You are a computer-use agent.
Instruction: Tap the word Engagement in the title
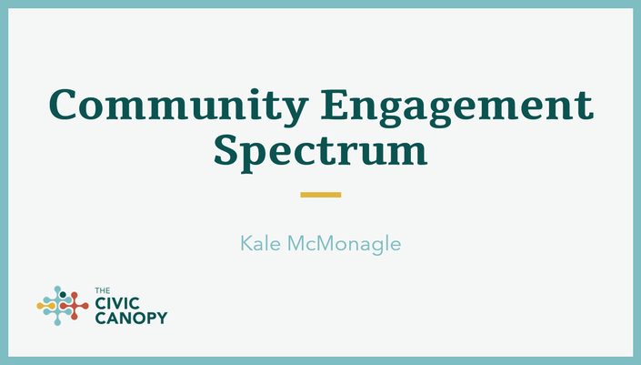[457, 106]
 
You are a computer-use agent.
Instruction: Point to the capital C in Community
[64, 105]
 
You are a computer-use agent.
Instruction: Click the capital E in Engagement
[335, 105]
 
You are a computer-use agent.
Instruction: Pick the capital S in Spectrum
[225, 150]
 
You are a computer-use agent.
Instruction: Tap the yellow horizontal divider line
[320, 195]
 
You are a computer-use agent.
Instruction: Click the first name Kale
[260, 243]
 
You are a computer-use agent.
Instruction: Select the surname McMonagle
[345, 244]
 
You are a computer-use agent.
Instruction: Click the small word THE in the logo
[103, 290]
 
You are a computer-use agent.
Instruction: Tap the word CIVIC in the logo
[117, 304]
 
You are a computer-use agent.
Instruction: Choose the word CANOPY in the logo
[131, 318]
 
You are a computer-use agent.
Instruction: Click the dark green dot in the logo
[63, 295]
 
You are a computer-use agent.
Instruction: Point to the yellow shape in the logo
[45, 306]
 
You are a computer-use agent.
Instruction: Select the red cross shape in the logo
[75, 306]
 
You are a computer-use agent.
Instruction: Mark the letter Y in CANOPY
[162, 318]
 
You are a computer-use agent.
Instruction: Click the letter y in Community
[294, 110]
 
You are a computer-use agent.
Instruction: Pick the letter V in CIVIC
[117, 304]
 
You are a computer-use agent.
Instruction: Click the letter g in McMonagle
[375, 247]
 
